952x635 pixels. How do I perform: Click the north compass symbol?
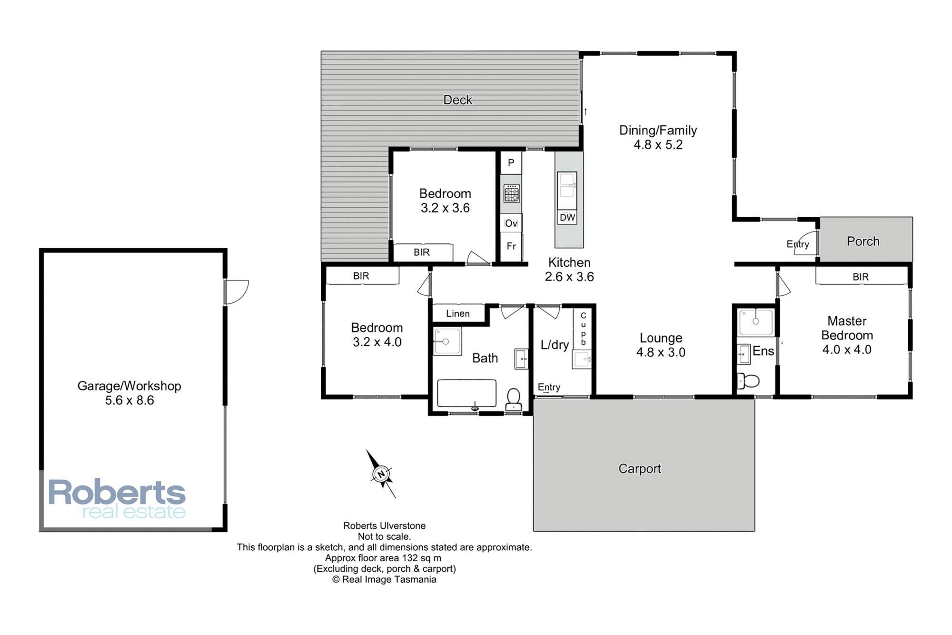[381, 474]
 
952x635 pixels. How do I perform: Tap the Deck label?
[457, 100]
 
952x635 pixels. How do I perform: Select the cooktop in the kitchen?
[511, 193]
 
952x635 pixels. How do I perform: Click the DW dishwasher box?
[567, 218]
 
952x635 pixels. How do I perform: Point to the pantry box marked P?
[511, 163]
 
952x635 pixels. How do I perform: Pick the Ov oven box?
[511, 223]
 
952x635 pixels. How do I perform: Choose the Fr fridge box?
[511, 247]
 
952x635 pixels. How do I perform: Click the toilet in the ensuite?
[748, 381]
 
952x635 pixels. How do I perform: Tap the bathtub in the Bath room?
[466, 393]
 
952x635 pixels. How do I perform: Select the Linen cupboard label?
[458, 313]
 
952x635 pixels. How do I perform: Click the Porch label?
[863, 242]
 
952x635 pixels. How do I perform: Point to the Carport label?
[640, 469]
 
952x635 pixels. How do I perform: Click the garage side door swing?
[237, 292]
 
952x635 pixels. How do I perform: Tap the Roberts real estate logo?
[117, 499]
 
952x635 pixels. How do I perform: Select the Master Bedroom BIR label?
[861, 277]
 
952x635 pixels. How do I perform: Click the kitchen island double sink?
[567, 191]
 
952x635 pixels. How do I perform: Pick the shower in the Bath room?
[447, 341]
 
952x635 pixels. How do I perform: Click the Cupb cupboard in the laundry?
[583, 329]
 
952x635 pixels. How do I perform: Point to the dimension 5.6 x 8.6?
[129, 401]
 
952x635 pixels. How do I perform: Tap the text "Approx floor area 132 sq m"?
[383, 558]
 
